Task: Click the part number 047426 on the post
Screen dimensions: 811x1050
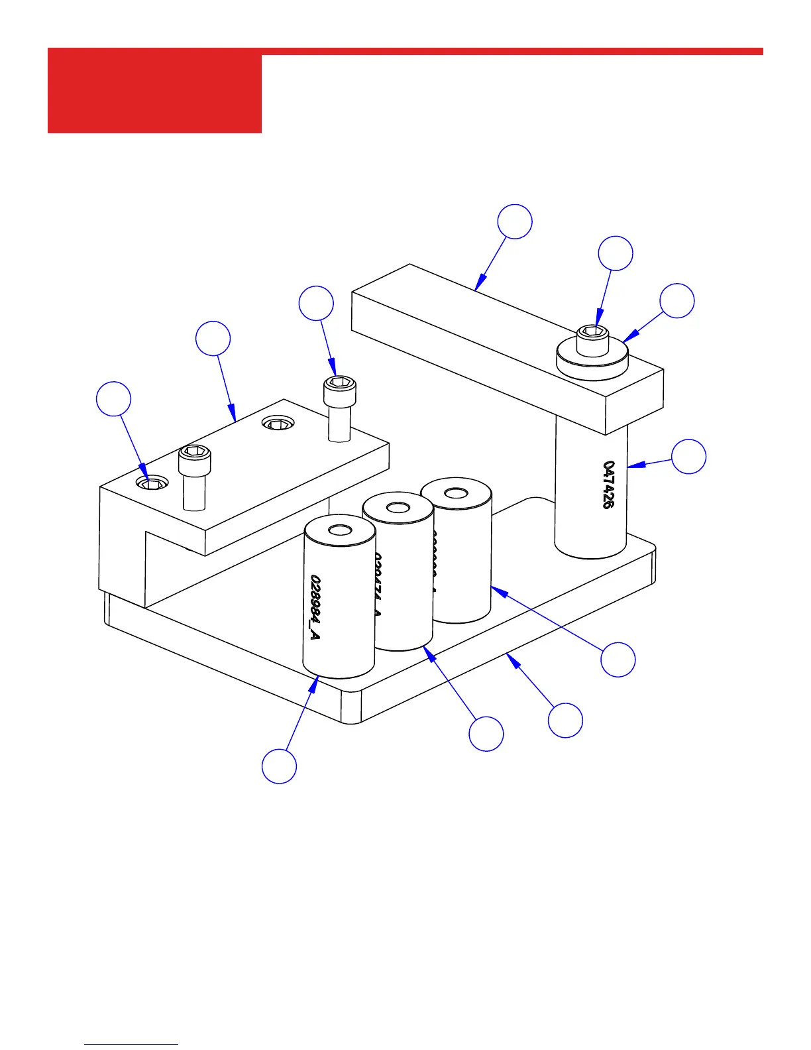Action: click(608, 485)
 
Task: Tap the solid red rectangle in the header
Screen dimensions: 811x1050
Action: click(154, 93)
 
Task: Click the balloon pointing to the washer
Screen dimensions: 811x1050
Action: click(677, 301)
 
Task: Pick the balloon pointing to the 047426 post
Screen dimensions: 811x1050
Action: click(688, 456)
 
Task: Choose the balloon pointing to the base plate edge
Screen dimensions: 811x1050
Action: click(566, 720)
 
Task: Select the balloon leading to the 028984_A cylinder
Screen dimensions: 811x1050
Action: click(279, 766)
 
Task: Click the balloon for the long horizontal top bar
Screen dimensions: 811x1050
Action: click(515, 221)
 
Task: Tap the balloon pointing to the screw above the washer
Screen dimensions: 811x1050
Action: click(616, 253)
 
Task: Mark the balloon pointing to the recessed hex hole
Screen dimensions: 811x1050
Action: click(113, 399)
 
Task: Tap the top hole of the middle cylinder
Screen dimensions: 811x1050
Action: click(398, 508)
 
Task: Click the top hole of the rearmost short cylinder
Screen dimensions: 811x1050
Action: click(455, 493)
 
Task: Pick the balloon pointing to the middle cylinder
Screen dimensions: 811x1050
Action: click(486, 734)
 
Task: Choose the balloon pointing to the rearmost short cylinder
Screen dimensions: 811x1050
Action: click(618, 659)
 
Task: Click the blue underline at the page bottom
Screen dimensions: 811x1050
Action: click(131, 1045)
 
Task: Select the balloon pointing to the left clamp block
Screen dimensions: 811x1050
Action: click(213, 339)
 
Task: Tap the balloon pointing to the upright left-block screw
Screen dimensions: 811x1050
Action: click(316, 304)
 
